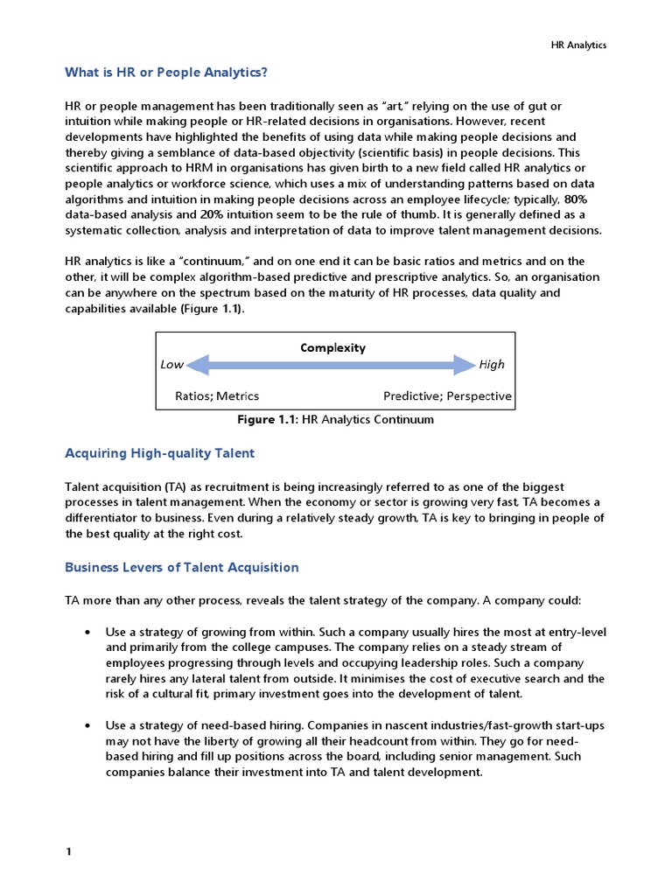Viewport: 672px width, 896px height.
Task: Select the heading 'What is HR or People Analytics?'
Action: point(166,72)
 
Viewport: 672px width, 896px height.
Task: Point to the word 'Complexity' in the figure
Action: point(332,347)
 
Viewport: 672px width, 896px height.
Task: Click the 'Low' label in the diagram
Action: point(172,365)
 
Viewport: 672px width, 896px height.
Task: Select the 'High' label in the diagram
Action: point(492,365)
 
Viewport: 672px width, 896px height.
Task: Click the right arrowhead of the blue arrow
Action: point(465,365)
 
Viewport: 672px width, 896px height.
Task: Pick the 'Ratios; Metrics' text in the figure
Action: point(217,395)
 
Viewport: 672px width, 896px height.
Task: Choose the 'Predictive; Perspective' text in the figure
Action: point(447,395)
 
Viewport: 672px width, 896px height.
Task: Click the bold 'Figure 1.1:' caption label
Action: point(268,420)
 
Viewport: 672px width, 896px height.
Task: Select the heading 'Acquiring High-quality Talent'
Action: point(160,453)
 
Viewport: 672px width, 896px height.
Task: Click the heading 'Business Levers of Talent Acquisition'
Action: point(182,567)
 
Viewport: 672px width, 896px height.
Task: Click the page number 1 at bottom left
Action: point(68,852)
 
